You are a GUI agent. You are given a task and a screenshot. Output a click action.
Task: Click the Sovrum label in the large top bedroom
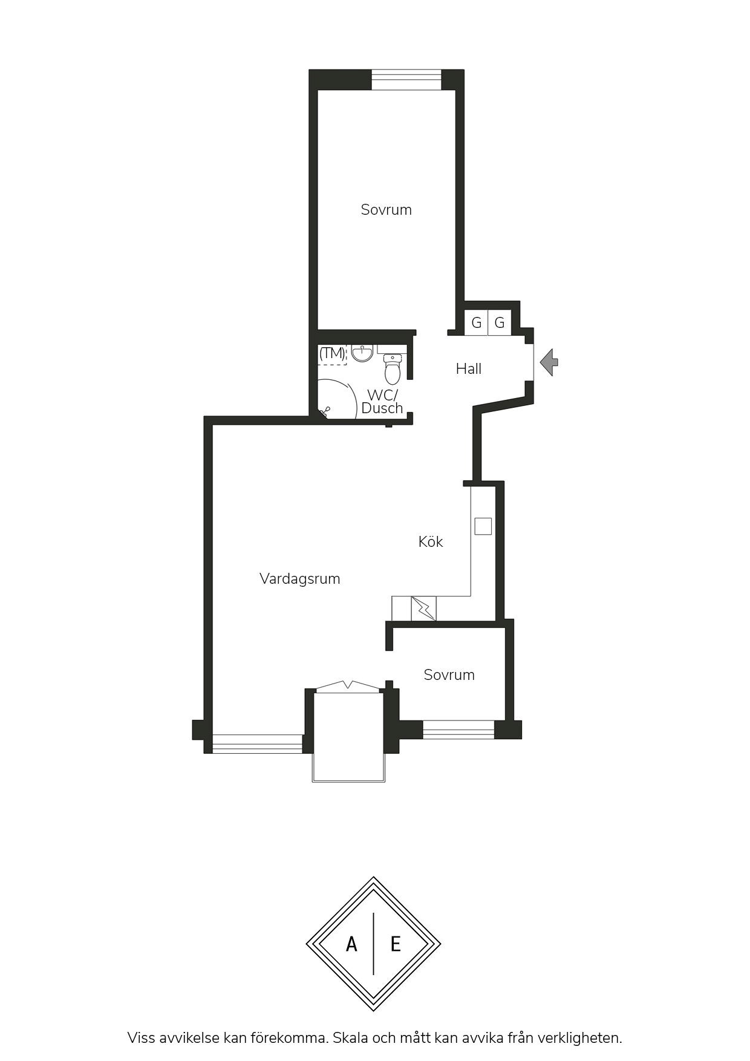[x=386, y=210]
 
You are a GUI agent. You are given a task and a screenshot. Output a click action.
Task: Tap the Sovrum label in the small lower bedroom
[x=449, y=675]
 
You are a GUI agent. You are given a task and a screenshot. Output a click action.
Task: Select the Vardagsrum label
[x=300, y=579]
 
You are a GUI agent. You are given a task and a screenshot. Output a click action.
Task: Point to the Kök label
[x=431, y=541]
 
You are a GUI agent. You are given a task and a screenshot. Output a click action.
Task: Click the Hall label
[x=469, y=368]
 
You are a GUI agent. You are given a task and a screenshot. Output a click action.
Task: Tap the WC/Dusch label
[x=382, y=402]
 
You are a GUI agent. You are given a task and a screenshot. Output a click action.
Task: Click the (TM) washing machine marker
[x=332, y=353]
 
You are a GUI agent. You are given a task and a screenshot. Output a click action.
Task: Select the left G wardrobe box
[x=476, y=322]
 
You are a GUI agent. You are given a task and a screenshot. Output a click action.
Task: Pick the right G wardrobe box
[x=500, y=322]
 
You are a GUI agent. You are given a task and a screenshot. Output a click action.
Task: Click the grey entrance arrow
[x=549, y=362]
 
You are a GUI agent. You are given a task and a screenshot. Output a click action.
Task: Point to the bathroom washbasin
[x=362, y=353]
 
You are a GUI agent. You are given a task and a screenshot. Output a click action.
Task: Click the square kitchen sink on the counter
[x=483, y=526]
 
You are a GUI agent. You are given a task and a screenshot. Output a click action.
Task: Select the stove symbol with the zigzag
[x=423, y=609]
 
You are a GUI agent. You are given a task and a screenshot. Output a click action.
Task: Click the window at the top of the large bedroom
[x=406, y=80]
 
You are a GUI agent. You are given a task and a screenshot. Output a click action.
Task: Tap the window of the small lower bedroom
[x=458, y=730]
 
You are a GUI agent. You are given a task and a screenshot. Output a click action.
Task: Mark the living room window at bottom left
[x=257, y=743]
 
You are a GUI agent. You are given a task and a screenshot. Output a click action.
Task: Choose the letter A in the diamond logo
[x=351, y=944]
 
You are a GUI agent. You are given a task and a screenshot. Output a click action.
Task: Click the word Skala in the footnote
[x=350, y=1038]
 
